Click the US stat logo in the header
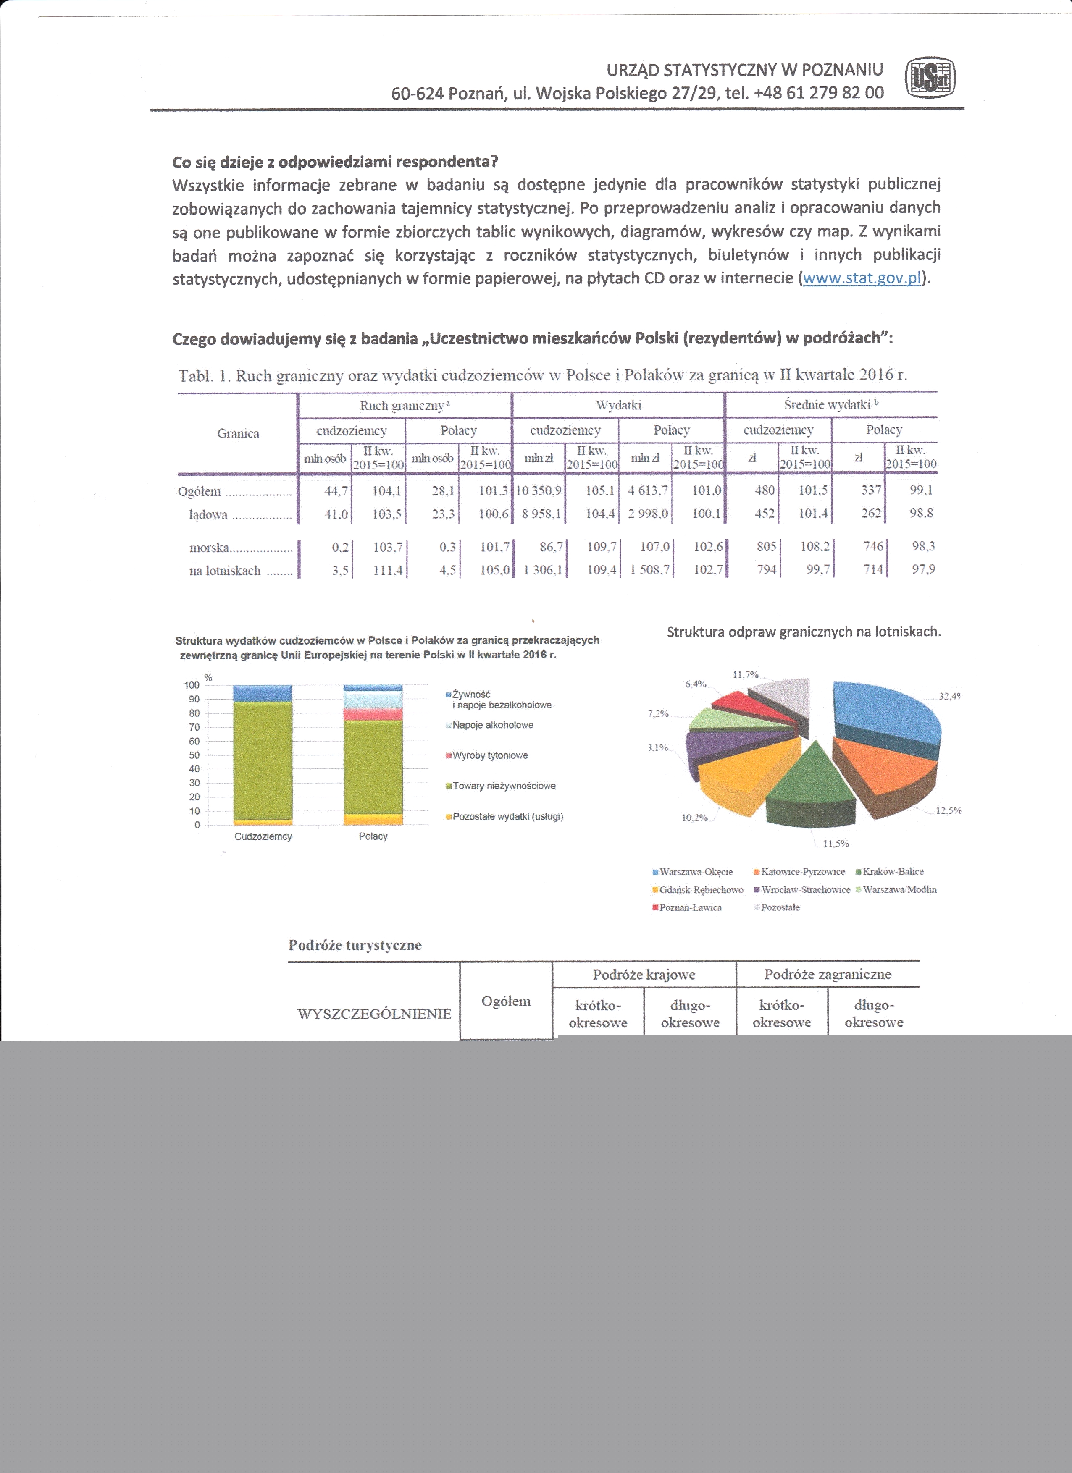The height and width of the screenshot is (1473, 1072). click(930, 79)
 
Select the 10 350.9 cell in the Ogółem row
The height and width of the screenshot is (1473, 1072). click(539, 491)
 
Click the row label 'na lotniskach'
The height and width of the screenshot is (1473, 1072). click(225, 571)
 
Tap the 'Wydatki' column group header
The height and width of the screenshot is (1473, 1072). click(618, 405)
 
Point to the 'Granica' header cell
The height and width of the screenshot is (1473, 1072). click(238, 434)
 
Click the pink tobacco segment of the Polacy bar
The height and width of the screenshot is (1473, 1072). click(373, 714)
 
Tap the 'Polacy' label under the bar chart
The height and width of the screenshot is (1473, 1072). click(373, 836)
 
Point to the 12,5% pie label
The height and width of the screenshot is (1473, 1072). click(948, 810)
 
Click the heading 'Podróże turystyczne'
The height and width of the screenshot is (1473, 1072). click(355, 946)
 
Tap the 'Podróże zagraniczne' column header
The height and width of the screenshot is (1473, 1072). click(827, 974)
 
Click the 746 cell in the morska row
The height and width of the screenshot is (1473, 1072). click(872, 547)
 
